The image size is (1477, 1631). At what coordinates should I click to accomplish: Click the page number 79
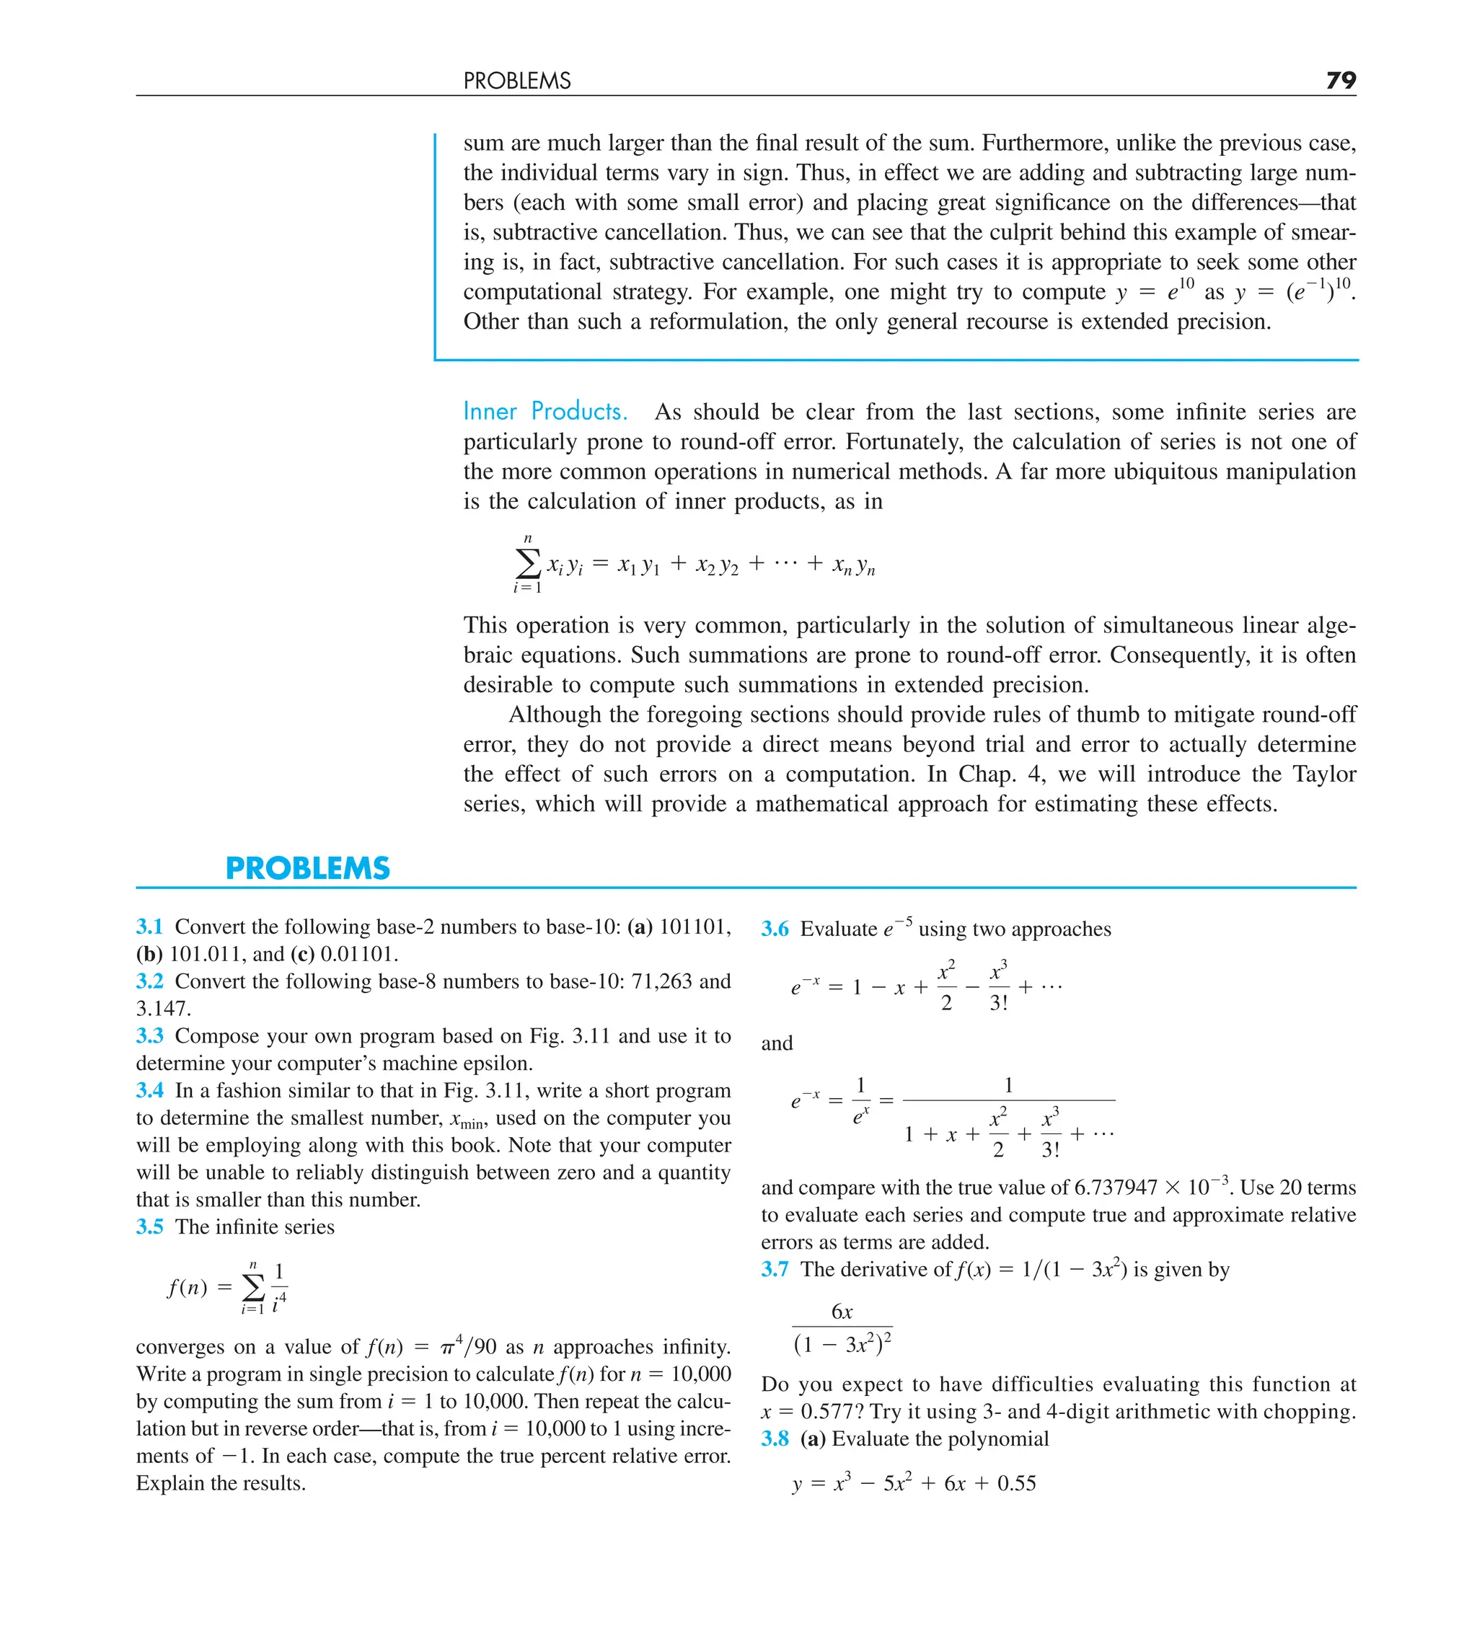1340,80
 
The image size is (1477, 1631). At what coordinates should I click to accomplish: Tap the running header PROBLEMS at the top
517,81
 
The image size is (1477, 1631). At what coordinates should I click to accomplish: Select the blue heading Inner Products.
544,411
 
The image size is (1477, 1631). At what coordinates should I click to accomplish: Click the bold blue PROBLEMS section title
307,868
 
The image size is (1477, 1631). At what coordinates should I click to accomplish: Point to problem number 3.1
150,927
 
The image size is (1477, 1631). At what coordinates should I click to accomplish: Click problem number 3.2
150,981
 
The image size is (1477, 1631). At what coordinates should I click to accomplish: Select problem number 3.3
150,1035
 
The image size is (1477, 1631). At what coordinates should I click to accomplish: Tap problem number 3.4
150,1090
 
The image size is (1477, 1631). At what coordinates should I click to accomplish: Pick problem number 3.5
150,1226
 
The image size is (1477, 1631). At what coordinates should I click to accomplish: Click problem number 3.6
775,929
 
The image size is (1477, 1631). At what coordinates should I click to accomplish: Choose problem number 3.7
775,1269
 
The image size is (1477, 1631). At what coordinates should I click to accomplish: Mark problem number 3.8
775,1438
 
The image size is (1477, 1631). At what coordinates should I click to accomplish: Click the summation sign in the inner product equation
528,563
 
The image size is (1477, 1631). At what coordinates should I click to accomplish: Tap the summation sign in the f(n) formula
253,1286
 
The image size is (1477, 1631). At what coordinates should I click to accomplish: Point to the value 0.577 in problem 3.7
829,1412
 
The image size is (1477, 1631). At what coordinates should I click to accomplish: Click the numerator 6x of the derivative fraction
842,1312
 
